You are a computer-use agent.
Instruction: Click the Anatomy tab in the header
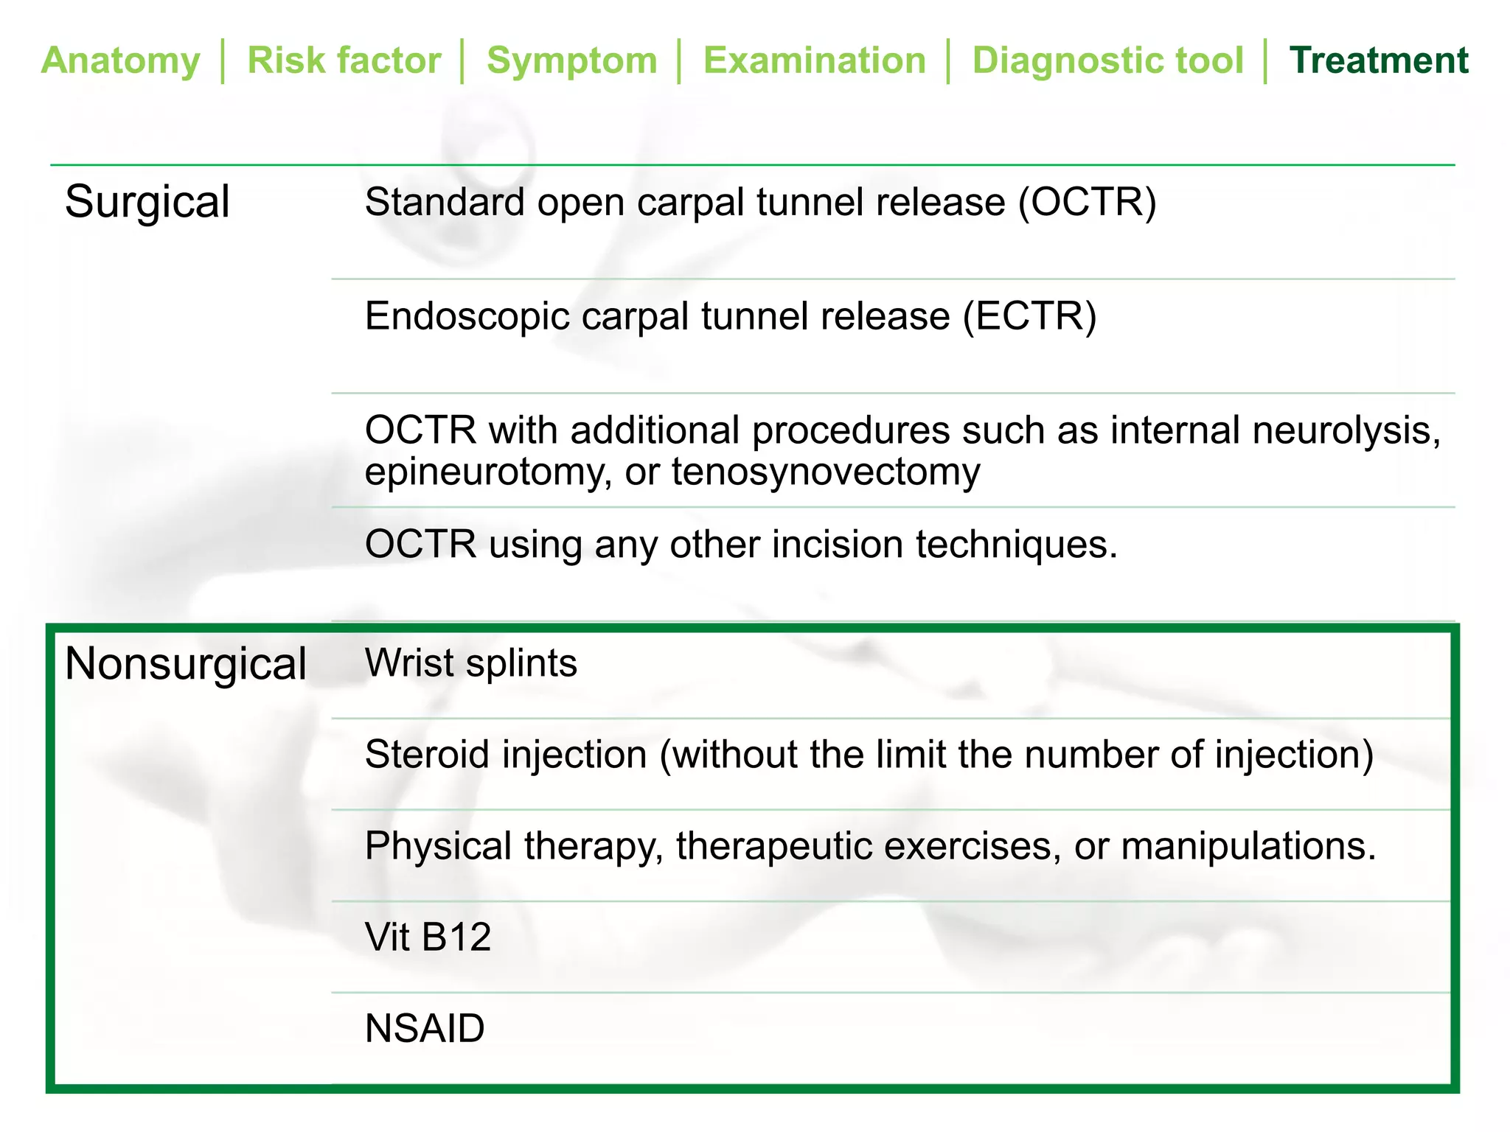[120, 60]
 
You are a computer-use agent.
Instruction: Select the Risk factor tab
[344, 60]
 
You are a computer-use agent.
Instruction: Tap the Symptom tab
[571, 60]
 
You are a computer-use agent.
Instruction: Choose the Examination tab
[814, 60]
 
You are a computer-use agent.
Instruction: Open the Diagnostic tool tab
[1107, 60]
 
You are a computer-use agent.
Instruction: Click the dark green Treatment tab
[1379, 60]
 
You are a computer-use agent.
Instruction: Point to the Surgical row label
[147, 202]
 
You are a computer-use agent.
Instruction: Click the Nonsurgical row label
[185, 663]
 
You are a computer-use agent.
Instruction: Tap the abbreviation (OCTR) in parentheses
[1087, 202]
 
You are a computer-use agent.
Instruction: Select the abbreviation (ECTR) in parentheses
[1029, 316]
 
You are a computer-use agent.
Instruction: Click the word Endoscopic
[467, 316]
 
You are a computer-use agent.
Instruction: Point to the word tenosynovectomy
[826, 472]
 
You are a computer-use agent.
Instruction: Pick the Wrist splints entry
[470, 663]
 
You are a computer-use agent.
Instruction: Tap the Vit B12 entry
[428, 937]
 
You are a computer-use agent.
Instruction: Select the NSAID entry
[425, 1028]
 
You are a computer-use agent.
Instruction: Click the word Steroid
[431, 755]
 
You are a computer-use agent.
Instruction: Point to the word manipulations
[1248, 846]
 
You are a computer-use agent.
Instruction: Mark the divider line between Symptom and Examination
[679, 61]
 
